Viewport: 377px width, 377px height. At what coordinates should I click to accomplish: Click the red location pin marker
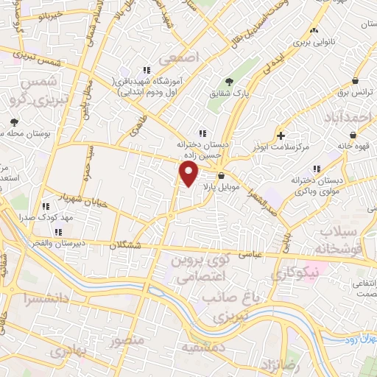tap(189, 175)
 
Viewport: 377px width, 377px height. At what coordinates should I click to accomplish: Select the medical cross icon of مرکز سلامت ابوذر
tap(281, 135)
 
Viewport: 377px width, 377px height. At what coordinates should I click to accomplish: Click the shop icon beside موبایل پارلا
tap(221, 175)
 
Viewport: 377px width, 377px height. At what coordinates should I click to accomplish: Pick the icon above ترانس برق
tap(356, 81)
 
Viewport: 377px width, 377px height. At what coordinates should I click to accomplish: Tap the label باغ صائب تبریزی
tap(229, 306)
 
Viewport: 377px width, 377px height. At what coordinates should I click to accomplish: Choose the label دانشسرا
tap(46, 299)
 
